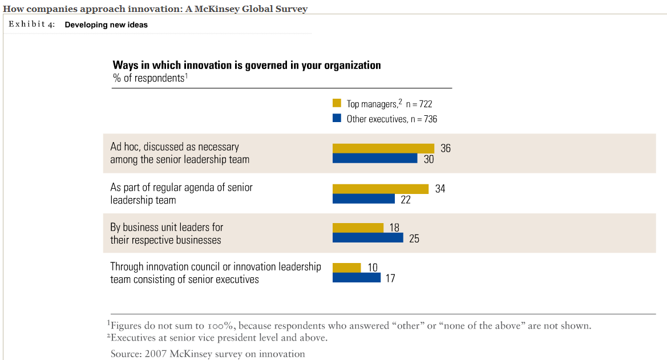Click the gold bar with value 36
coord(383,148)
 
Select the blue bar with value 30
coord(375,159)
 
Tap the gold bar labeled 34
coord(381,189)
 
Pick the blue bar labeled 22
coord(363,199)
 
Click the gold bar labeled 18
coord(358,228)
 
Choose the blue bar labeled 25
coord(367,238)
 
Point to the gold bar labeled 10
coord(346,268)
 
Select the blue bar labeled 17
coord(356,278)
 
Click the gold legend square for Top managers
coord(337,103)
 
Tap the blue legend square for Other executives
coord(337,119)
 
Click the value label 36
coord(446,148)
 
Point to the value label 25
coord(414,238)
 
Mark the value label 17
coord(390,278)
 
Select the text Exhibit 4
coord(32,25)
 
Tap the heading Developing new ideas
coord(106,25)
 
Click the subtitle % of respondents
coord(150,78)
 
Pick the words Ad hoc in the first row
coord(126,147)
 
